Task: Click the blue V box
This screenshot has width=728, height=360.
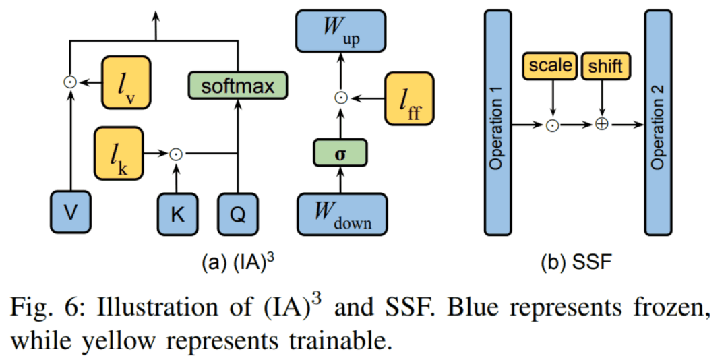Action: pyautogui.click(x=70, y=214)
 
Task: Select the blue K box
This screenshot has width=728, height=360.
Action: pyautogui.click(x=178, y=214)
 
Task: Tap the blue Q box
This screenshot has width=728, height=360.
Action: pyautogui.click(x=238, y=214)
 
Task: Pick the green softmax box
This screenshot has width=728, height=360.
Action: pyautogui.click(x=237, y=86)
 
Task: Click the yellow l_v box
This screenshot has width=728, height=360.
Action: pyautogui.click(x=126, y=82)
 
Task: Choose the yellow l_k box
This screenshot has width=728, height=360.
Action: pyautogui.click(x=119, y=153)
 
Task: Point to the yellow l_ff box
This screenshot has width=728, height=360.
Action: pyautogui.click(x=409, y=98)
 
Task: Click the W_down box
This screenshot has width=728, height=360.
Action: pyautogui.click(x=342, y=214)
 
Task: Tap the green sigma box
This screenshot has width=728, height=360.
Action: pyautogui.click(x=341, y=154)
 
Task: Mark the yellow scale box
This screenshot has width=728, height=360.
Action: pyautogui.click(x=550, y=65)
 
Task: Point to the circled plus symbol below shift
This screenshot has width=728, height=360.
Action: pyautogui.click(x=603, y=125)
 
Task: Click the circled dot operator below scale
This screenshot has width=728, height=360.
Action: pyautogui.click(x=552, y=125)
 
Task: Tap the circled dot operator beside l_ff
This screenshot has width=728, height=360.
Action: pyautogui.click(x=341, y=98)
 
